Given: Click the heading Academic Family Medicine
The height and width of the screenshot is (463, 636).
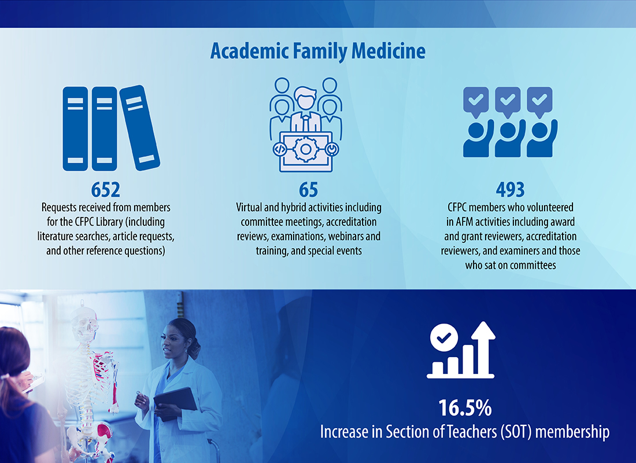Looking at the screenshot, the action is tap(318, 52).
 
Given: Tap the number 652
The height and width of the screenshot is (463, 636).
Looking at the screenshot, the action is tap(105, 190).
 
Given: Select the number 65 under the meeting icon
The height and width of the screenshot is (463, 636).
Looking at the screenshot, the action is tap(309, 190).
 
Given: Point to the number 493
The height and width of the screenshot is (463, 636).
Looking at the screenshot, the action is tap(511, 190).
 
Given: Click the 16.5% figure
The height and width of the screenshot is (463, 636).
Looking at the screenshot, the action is tap(465, 408).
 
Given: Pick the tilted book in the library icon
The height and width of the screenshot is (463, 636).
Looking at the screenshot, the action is tap(140, 128).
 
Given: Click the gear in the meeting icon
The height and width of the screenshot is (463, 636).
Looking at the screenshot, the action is tap(305, 149).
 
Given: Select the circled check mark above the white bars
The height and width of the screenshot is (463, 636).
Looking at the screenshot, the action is tap(444, 337).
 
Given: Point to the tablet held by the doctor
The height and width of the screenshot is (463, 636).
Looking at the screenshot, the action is tap(176, 402).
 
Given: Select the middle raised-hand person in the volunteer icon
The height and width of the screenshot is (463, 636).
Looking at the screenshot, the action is tap(508, 138).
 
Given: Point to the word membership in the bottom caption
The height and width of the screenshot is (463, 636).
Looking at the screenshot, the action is tap(572, 432).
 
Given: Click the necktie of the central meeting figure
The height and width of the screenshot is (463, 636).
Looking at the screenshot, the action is tap(305, 122).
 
